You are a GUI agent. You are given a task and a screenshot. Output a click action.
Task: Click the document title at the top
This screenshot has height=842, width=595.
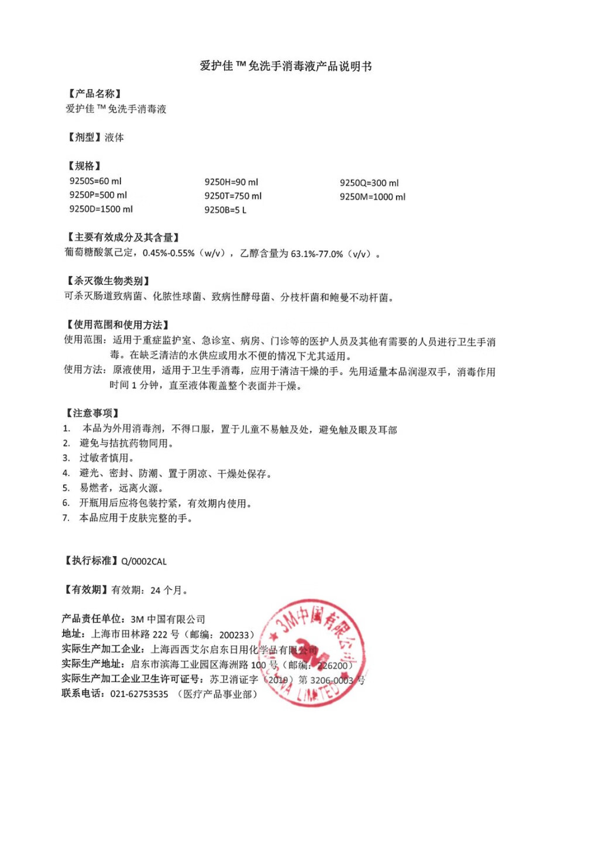click(286, 66)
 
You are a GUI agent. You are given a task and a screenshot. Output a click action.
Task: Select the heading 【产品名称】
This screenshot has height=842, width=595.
click(94, 94)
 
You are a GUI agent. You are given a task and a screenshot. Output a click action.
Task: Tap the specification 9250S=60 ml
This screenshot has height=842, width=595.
click(95, 181)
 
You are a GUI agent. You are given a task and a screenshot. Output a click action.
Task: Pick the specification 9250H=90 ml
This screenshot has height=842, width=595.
click(231, 182)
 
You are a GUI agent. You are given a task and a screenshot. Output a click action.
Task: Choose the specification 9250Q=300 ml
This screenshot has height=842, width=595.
click(369, 183)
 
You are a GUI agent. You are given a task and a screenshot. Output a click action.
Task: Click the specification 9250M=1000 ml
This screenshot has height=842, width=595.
click(372, 197)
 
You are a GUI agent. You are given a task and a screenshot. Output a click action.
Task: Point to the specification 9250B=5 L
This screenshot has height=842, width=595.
click(225, 210)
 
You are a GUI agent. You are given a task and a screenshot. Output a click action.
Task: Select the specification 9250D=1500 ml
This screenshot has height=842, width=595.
click(101, 209)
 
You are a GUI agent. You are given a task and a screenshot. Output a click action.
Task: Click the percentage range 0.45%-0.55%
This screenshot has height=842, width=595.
click(168, 254)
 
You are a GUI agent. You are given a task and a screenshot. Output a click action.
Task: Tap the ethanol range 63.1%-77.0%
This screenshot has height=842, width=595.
click(317, 254)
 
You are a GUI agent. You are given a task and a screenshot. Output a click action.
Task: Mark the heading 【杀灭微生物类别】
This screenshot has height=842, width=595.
click(108, 281)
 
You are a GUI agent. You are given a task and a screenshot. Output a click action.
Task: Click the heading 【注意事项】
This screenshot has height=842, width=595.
click(92, 413)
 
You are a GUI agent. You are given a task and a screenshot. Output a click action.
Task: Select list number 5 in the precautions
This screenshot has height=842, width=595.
click(66, 488)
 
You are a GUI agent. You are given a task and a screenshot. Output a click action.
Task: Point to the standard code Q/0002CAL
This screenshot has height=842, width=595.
click(144, 562)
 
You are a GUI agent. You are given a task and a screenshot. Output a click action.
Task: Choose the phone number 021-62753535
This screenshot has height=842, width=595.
click(139, 695)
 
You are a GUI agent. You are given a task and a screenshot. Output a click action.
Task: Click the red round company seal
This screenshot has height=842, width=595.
click(314, 652)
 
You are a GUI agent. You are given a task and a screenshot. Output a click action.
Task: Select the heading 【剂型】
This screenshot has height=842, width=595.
click(84, 137)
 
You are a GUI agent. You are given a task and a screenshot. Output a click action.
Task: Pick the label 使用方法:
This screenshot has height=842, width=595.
click(85, 370)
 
